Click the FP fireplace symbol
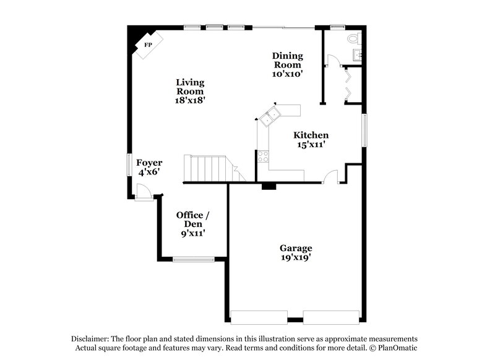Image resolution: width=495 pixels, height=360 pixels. [148, 45]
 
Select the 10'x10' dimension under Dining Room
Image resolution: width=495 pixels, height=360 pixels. [287, 73]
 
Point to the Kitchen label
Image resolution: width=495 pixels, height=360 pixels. [311, 135]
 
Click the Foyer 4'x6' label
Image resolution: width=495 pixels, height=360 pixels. [149, 168]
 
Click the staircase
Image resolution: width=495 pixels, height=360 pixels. [210, 168]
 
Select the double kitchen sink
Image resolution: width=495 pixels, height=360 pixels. [270, 116]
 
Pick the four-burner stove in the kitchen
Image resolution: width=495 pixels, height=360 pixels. [263, 156]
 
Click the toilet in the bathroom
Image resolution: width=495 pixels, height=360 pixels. [354, 38]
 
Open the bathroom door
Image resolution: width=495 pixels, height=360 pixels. [331, 61]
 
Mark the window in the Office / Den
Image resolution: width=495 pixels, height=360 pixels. [194, 259]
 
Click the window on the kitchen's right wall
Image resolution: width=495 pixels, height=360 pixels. [364, 131]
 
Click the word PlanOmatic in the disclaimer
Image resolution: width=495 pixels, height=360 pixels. [397, 348]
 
